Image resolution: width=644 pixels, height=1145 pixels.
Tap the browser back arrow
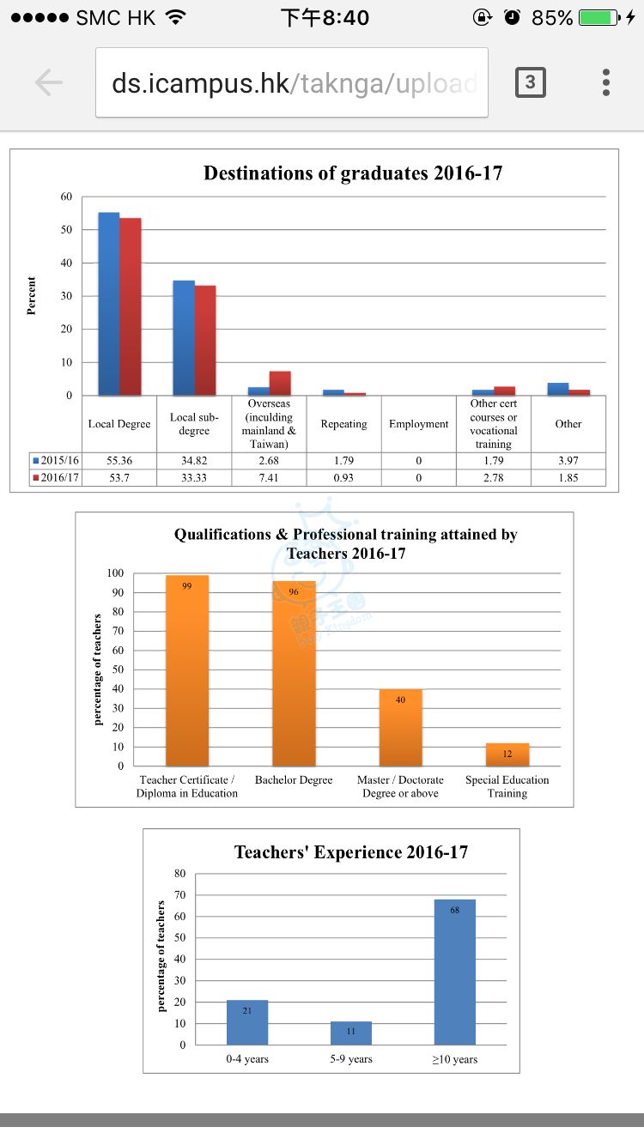click(x=49, y=82)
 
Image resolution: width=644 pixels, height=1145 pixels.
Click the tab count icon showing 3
click(x=530, y=82)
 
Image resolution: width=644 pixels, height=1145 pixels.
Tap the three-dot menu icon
click(x=606, y=82)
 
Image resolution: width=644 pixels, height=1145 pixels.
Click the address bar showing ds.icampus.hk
click(x=292, y=82)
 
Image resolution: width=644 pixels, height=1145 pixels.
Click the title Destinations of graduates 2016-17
click(x=353, y=173)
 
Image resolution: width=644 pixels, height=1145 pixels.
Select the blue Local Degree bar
click(x=109, y=304)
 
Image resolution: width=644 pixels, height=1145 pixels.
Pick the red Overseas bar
click(x=280, y=384)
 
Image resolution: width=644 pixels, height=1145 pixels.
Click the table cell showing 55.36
click(x=119, y=461)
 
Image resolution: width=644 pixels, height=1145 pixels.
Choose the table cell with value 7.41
click(x=269, y=477)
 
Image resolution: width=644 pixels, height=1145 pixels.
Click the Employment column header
click(x=418, y=424)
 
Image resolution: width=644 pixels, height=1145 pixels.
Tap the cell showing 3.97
click(x=568, y=461)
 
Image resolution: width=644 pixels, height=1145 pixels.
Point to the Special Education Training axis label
click(x=507, y=786)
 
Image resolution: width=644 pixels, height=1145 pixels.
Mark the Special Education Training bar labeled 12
click(x=507, y=754)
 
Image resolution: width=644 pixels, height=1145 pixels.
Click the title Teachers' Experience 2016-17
click(x=351, y=852)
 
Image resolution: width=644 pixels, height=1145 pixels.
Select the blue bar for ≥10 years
click(x=455, y=972)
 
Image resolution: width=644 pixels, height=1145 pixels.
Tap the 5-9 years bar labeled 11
click(x=351, y=1033)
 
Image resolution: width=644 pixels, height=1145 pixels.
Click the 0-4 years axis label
click(x=247, y=1059)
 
